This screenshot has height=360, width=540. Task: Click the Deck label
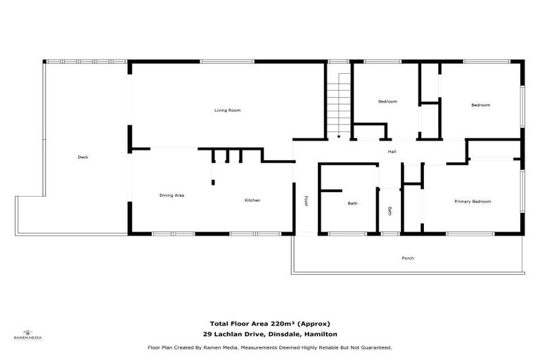click(x=83, y=157)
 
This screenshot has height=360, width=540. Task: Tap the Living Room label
click(x=228, y=110)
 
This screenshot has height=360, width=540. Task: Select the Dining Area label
click(x=172, y=195)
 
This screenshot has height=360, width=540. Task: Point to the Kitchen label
click(x=252, y=200)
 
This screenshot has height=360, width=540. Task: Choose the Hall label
click(x=392, y=152)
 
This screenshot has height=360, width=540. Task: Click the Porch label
click(x=408, y=258)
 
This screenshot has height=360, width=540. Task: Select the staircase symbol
click(x=338, y=102)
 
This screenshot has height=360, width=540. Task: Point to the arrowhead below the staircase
click(x=338, y=136)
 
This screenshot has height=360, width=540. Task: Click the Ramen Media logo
click(x=28, y=335)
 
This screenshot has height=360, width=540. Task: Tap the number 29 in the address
click(x=207, y=334)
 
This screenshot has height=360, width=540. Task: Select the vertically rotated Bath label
click(x=390, y=210)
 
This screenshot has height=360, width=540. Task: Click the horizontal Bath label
click(x=353, y=203)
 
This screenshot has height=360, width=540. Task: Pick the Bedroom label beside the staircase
click(x=387, y=102)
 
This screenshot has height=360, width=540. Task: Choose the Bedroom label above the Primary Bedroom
click(x=480, y=105)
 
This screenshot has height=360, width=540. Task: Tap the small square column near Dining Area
click(x=212, y=183)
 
